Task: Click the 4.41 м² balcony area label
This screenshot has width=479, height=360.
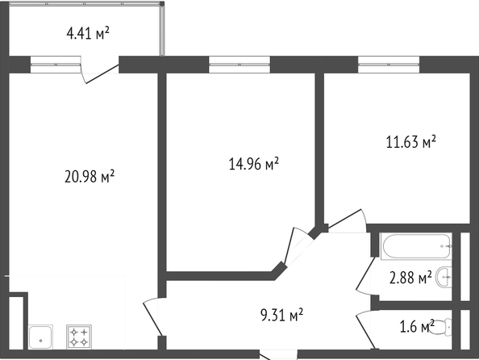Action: click(x=88, y=33)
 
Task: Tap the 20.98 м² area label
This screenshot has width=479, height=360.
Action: click(x=90, y=176)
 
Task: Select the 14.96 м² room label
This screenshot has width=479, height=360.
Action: click(x=254, y=163)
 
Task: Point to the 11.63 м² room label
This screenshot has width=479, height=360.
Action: click(x=411, y=141)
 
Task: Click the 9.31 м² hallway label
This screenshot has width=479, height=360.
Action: click(x=282, y=315)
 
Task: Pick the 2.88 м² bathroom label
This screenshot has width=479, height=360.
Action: click(x=410, y=278)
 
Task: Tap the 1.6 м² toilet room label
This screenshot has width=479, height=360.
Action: click(x=417, y=326)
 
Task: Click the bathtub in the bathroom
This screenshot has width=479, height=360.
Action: click(x=416, y=246)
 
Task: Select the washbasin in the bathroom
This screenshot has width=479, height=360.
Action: click(x=444, y=277)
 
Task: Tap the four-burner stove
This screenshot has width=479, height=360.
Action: click(x=79, y=337)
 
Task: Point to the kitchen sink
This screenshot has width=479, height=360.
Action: click(x=40, y=337)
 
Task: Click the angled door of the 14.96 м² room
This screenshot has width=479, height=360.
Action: click(x=299, y=246)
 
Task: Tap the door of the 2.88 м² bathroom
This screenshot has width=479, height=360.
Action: click(x=365, y=276)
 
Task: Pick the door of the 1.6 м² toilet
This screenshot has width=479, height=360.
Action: click(x=366, y=329)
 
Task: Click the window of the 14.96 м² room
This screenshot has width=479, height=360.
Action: click(x=240, y=65)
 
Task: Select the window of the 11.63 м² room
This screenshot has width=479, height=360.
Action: click(x=389, y=65)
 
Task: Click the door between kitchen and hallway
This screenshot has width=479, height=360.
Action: click(x=152, y=316)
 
